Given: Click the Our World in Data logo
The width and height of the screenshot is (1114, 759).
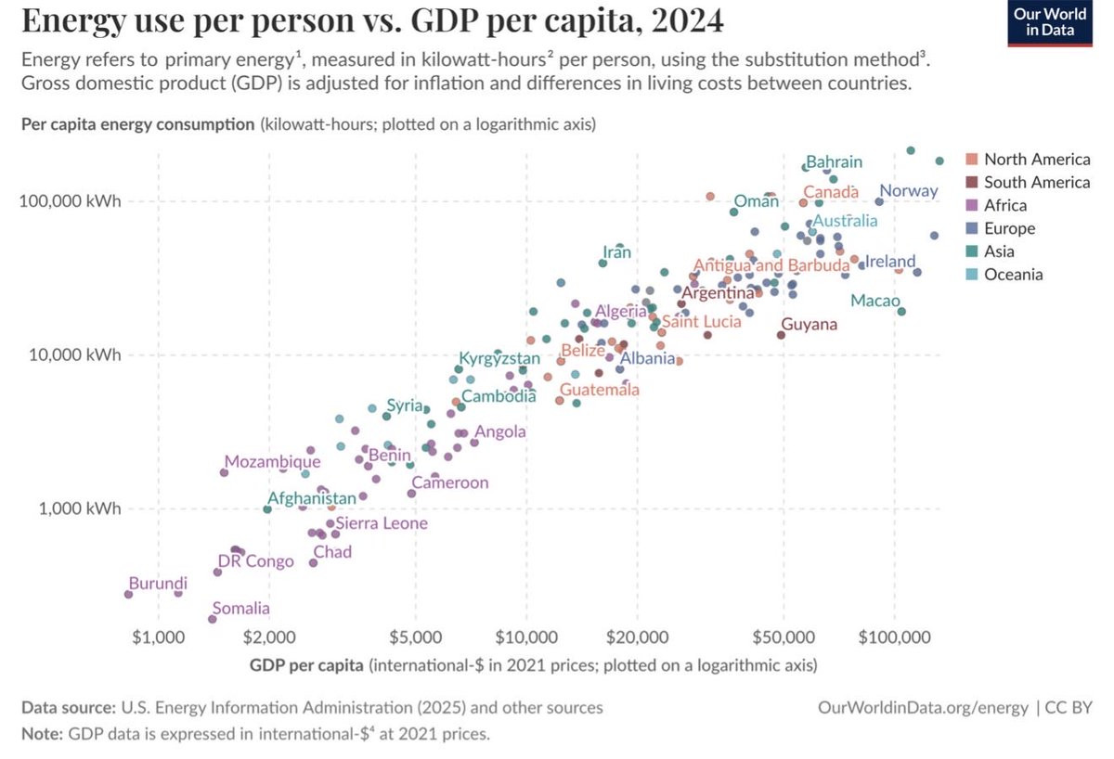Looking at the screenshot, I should click(1050, 23).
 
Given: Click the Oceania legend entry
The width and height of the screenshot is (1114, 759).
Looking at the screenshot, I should click(1013, 274).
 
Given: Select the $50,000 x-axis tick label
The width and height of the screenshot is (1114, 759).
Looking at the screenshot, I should click(783, 638).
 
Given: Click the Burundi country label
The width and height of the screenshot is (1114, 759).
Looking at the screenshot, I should click(157, 584).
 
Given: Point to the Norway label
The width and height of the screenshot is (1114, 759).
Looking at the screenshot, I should click(908, 191).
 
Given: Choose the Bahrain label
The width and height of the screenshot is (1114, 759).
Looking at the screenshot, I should click(834, 161).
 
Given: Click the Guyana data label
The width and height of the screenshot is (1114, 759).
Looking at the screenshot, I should click(809, 325).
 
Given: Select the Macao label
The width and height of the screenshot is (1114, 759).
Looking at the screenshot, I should click(874, 301).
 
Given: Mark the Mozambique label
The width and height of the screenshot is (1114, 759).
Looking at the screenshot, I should click(271, 461).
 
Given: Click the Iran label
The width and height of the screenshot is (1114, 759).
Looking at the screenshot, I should click(616, 251).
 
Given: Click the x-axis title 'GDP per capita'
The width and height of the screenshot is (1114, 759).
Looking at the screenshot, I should click(307, 665).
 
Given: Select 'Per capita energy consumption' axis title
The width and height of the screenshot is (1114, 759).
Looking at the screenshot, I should click(137, 124).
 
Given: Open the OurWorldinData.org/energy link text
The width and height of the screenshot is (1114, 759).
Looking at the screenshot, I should click(923, 707).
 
